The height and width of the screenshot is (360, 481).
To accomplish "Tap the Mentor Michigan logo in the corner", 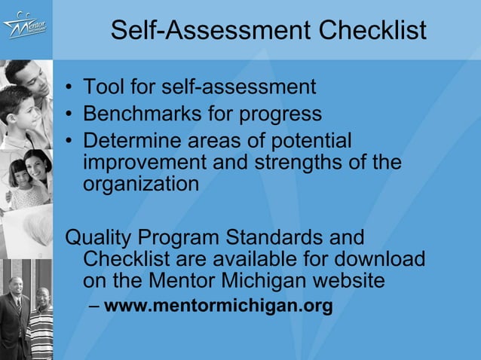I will tap(25, 29).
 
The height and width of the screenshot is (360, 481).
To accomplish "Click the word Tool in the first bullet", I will tap(104, 87).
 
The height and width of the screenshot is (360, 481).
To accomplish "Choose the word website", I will tap(348, 281).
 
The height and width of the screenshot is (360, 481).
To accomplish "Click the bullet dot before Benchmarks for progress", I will tap(69, 114).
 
